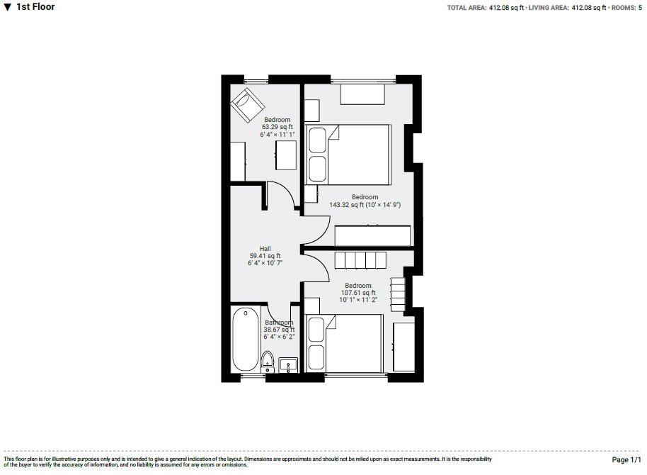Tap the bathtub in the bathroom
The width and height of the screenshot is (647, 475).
246,340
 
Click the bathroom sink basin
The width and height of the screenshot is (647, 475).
288,365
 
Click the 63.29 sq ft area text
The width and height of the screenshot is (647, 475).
278,127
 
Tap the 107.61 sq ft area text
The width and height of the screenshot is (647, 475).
356,292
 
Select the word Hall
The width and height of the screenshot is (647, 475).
265,248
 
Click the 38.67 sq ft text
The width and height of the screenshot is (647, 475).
279,330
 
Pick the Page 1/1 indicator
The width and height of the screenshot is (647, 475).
626,461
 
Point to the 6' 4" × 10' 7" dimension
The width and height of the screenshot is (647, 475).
265,263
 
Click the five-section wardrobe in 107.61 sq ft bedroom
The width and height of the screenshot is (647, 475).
360,260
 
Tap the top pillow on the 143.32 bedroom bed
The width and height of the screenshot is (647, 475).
317,140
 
